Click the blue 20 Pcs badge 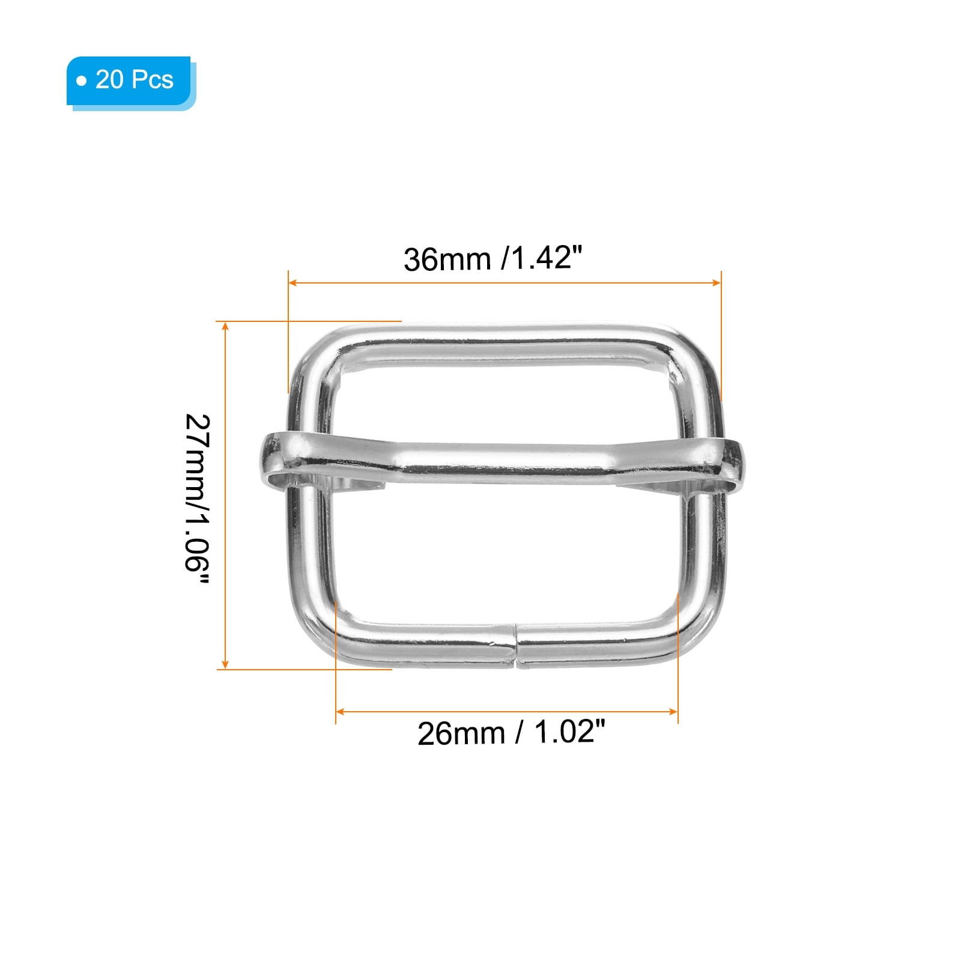[130, 81]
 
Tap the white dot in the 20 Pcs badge [82, 80]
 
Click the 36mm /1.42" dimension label [493, 259]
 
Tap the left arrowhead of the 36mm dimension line [293, 282]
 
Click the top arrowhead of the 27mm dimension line [225, 326]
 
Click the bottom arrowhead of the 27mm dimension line [225, 664]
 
